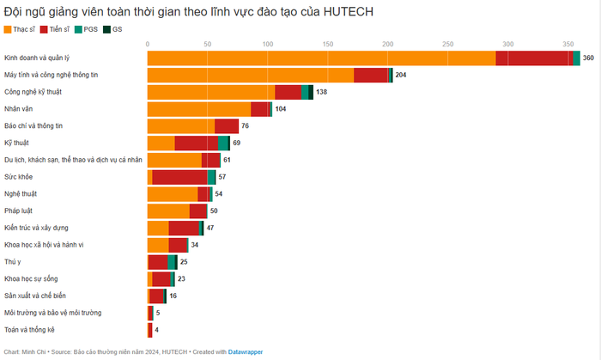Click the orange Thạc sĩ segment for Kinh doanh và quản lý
(321, 58)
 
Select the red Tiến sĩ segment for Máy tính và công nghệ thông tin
(371, 75)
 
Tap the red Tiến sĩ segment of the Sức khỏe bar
(179, 176)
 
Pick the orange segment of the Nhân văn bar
(199, 108)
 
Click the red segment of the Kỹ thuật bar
(196, 143)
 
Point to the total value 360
(588, 58)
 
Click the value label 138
(322, 92)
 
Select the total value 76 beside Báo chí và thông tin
(246, 125)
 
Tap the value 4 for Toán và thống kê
(156, 329)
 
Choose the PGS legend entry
(88, 30)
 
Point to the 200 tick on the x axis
(387, 43)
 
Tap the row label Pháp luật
(18, 211)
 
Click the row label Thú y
(12, 261)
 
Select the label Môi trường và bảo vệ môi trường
(52, 312)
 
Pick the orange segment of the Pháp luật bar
(168, 211)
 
